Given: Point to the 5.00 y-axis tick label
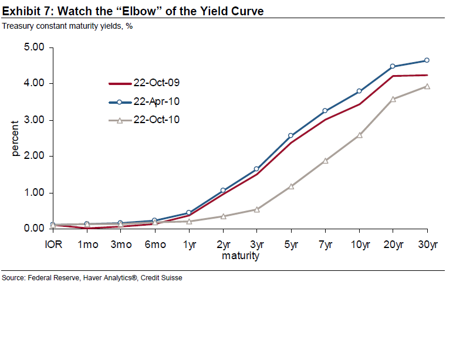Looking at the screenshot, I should pyautogui.click(x=34, y=47).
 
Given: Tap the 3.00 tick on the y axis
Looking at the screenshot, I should pyautogui.click(x=34, y=120).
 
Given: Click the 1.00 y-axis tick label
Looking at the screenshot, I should pyautogui.click(x=34, y=193).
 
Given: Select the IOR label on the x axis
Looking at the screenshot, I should pyautogui.click(x=53, y=244).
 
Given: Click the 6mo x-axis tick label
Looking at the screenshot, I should pyautogui.click(x=155, y=244).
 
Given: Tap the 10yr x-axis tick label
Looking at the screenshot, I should pyautogui.click(x=359, y=244).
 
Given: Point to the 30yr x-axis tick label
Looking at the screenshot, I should pyautogui.click(x=427, y=244).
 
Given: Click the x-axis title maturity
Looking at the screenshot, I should pyautogui.click(x=241, y=256).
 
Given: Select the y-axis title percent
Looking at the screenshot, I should pyautogui.click(x=16, y=138).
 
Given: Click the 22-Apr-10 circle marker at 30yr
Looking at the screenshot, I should pyautogui.click(x=427, y=60).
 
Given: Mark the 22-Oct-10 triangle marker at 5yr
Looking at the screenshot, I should pyautogui.click(x=291, y=186).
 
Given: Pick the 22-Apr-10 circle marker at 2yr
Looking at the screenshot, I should pyautogui.click(x=223, y=190).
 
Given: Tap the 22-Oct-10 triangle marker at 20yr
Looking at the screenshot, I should pyautogui.click(x=393, y=99).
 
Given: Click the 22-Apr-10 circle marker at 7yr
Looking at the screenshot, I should pyautogui.click(x=325, y=111).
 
